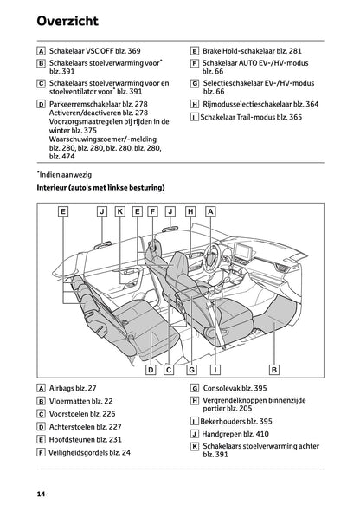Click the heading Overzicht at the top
pyautogui.click(x=68, y=20)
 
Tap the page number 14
pyautogui.click(x=41, y=493)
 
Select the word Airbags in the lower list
pyautogui.click(x=63, y=390)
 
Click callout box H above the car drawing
pyautogui.click(x=190, y=210)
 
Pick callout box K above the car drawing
pyautogui.click(x=119, y=210)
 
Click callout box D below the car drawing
pyautogui.click(x=150, y=369)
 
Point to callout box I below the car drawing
pyautogui.click(x=213, y=369)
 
